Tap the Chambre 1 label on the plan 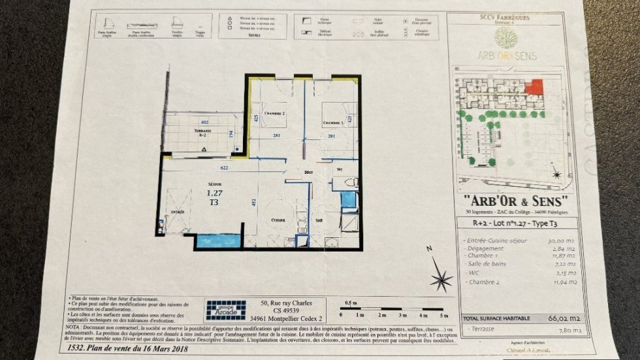[x=332, y=122]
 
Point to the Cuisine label [x=278, y=220]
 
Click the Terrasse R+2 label [x=205, y=131]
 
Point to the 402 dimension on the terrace [x=204, y=122]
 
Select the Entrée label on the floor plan [x=178, y=213]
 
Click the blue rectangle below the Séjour [x=218, y=241]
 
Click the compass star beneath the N [x=441, y=280]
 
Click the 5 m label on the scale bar [x=444, y=315]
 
